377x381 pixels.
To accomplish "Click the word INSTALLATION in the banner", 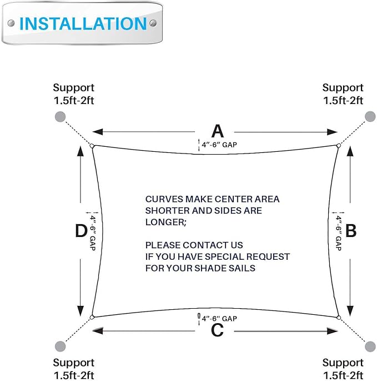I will [x=83, y=24].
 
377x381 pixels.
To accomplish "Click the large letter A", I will [x=217, y=131].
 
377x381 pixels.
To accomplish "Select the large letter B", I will [x=350, y=230].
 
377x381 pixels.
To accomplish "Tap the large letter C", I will [x=217, y=330].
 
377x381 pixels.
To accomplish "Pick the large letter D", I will [x=81, y=230].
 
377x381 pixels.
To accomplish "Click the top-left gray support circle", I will [x=61, y=116].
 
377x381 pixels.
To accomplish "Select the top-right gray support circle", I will [x=370, y=116].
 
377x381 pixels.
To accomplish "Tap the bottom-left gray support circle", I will [x=61, y=346].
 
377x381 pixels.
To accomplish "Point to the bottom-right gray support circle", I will [x=370, y=346].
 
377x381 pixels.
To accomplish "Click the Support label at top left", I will [x=73, y=88].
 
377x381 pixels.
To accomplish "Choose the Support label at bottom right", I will [x=343, y=363].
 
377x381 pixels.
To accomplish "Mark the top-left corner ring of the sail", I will [x=92, y=146].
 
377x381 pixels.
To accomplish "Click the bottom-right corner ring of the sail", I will [x=338, y=318].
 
